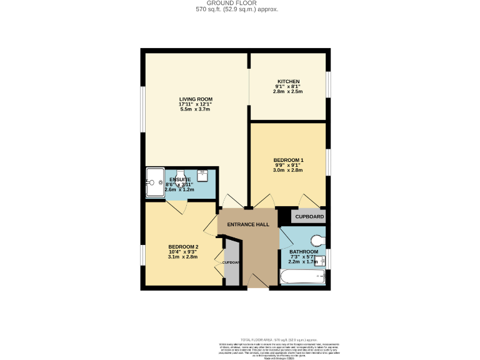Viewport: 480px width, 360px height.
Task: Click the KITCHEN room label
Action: pos(289,81)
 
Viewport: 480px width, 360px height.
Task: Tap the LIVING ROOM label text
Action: pos(196,99)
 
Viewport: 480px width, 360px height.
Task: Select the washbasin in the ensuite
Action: pos(203,175)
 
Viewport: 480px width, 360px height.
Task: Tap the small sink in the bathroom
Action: pos(321,261)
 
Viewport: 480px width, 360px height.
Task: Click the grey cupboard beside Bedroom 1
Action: pos(309,217)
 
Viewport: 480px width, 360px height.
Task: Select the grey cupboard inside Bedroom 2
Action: pos(231,263)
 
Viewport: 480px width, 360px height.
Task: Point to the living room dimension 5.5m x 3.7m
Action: pos(195,110)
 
